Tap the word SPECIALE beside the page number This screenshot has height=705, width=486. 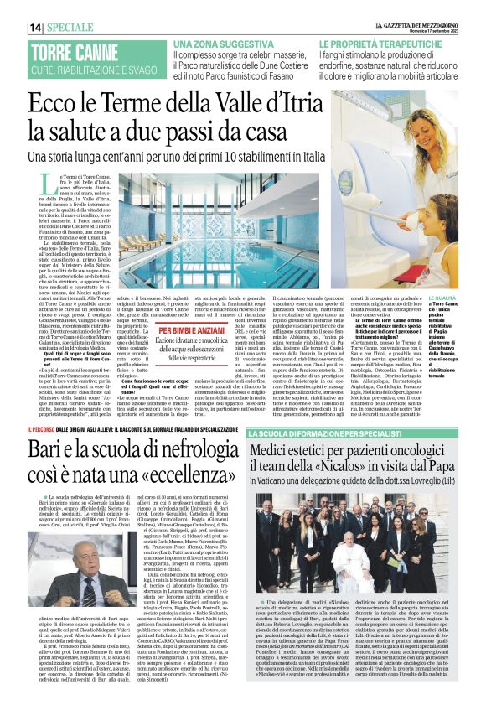tap(76, 28)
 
